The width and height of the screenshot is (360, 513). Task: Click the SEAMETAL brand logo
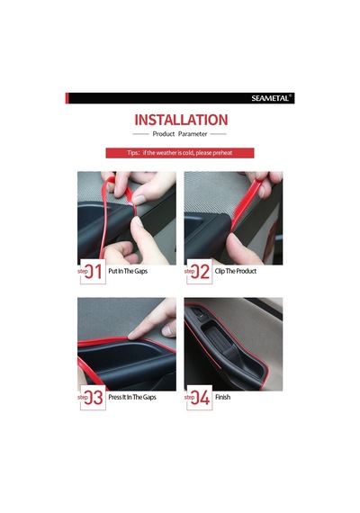(271, 98)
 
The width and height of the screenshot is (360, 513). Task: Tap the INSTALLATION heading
(181, 120)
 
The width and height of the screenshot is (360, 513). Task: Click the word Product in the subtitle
(164, 134)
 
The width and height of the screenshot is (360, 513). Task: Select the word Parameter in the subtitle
(193, 134)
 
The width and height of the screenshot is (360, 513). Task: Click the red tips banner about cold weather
(180, 153)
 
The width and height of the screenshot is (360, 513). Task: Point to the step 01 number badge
(93, 271)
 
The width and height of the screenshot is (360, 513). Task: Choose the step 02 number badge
(199, 271)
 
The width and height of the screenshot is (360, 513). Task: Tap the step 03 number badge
(93, 398)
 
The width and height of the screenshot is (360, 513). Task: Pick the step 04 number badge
(199, 398)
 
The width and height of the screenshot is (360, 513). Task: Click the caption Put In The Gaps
(128, 271)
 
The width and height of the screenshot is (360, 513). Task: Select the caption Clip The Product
(236, 271)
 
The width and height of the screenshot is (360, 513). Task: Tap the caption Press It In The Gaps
(132, 397)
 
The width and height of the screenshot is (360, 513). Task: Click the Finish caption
(223, 397)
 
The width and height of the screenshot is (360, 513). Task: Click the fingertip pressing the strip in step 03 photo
(132, 335)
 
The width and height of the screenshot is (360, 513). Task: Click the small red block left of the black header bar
(67, 98)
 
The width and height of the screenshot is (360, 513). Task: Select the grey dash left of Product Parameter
(140, 134)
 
